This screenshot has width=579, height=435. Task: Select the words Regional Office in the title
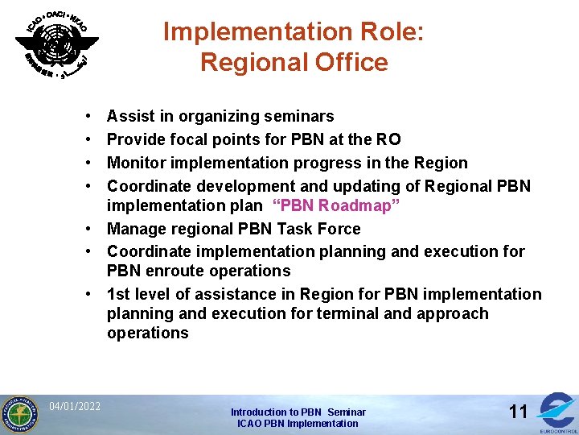click(x=294, y=62)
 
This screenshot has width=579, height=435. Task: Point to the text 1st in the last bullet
click(x=119, y=294)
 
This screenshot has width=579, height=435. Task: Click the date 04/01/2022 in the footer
click(x=75, y=406)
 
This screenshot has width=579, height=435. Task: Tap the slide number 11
click(x=519, y=412)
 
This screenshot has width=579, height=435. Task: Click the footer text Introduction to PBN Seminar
click(x=298, y=412)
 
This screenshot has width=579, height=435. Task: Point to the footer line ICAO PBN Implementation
click(x=298, y=424)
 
